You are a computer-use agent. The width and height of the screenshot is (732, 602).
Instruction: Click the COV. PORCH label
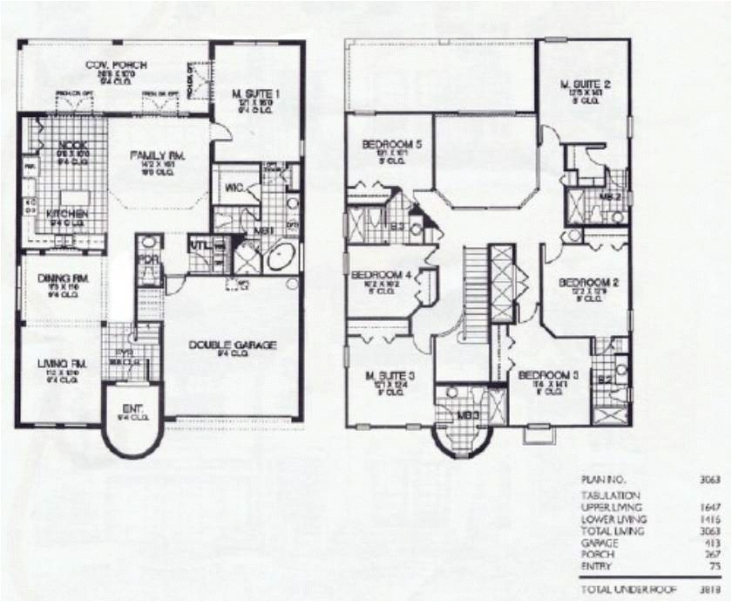coord(116,65)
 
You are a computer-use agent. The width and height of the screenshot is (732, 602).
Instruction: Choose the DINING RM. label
coord(60,278)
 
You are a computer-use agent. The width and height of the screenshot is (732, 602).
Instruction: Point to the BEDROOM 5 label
coord(389,145)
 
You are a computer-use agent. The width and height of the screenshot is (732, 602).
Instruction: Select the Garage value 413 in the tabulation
coord(695,542)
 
